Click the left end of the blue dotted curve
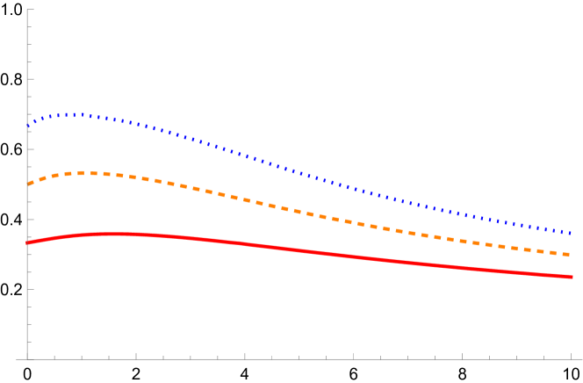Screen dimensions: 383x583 28,126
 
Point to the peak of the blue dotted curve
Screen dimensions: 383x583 74,114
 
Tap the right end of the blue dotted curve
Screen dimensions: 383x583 572,234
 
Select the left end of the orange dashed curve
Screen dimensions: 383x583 28,184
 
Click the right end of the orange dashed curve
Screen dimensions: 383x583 572,255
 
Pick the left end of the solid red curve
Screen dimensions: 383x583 28,243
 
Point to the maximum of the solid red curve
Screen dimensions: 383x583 110,234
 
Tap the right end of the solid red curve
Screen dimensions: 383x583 572,277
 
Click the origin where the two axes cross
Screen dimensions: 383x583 27,358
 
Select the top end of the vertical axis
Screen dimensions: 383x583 27,9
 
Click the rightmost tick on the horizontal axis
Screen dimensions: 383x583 571,356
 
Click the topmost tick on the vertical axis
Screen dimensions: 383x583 30,10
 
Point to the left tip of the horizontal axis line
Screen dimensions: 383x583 17,358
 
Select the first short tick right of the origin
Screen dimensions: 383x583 54,357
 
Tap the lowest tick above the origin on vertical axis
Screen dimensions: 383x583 30,341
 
